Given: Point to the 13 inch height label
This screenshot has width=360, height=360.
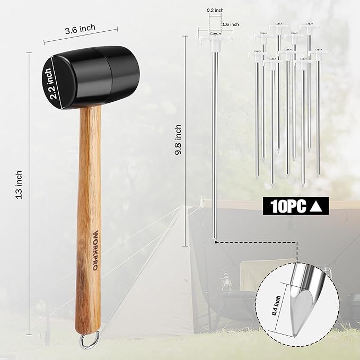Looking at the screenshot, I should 19,184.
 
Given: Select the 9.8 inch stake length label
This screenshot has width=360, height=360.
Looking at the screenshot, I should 178,139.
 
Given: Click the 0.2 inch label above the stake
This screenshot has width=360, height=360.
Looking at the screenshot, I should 215,10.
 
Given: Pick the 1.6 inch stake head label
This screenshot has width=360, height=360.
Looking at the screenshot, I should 230,24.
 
